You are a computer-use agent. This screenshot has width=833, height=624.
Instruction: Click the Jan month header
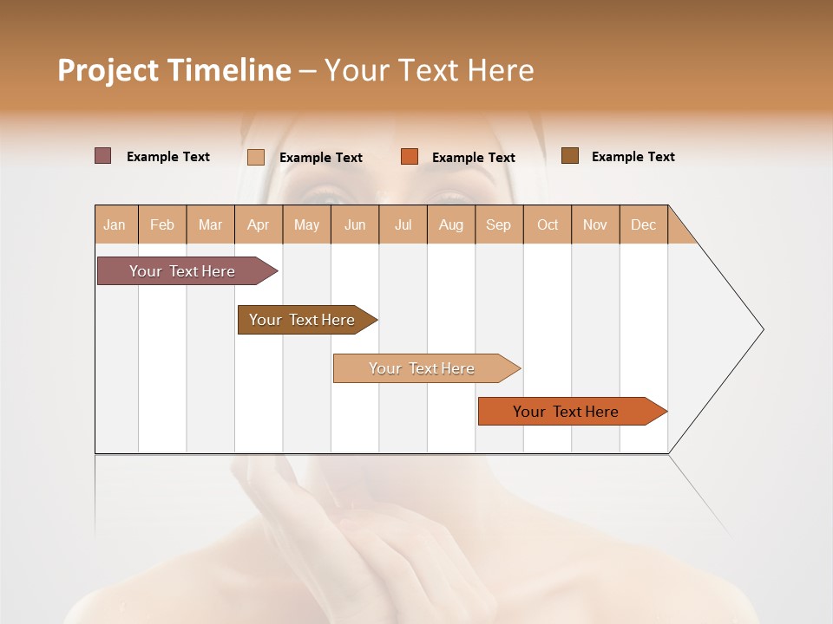coord(115,224)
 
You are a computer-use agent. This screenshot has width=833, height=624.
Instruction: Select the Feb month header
coord(162,224)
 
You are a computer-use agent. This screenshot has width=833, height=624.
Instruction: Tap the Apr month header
coord(259,224)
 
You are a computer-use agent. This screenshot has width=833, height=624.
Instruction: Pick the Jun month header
coord(355,224)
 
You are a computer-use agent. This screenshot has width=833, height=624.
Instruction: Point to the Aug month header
coord(451,224)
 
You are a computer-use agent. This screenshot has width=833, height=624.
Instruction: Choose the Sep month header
coord(499,224)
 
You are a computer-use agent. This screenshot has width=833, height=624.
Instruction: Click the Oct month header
coord(548,224)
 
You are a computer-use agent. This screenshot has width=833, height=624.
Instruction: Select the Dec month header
coord(644,224)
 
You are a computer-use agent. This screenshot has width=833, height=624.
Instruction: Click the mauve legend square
coord(103,156)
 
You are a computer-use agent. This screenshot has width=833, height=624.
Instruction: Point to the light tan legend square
coord(256,157)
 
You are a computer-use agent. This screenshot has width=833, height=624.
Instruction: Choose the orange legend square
coord(410,157)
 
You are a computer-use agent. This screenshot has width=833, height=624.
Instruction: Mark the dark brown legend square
coord(570,156)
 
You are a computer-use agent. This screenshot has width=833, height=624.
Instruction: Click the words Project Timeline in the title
coord(174,70)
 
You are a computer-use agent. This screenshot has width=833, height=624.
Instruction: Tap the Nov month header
coord(595,224)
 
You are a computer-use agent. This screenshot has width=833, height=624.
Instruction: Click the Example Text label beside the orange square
coord(474,158)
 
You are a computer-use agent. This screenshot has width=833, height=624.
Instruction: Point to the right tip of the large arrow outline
coord(762,329)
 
